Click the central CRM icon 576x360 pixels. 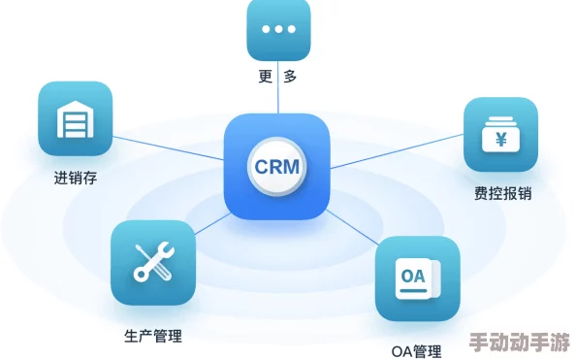coord(276,166)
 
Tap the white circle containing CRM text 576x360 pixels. coord(277,166)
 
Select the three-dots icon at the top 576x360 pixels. coord(278,30)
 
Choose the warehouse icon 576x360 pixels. coord(76,119)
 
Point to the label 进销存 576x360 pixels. coord(76,178)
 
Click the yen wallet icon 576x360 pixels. coord(501,135)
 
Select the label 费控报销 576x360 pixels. coord(501,194)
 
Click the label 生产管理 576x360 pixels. coord(153,337)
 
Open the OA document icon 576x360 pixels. coord(417,278)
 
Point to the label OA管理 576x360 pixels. coord(417,351)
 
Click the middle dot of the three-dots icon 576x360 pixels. coord(278,29)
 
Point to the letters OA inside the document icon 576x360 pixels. coord(413,276)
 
